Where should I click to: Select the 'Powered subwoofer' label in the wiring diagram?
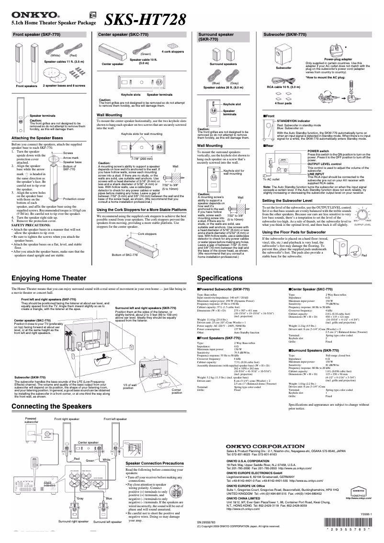pyautogui.click(x=31, y=420)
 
